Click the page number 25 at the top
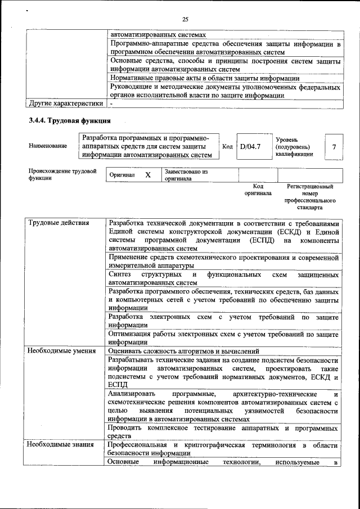tap(184, 20)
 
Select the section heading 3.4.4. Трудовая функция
tap(70, 120)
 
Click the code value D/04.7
tap(249, 147)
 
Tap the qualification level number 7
tap(334, 147)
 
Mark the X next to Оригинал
tap(148, 175)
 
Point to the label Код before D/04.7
tap(227, 147)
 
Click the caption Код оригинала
tap(258, 190)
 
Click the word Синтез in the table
tap(120, 274)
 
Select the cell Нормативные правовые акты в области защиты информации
tap(205, 79)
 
